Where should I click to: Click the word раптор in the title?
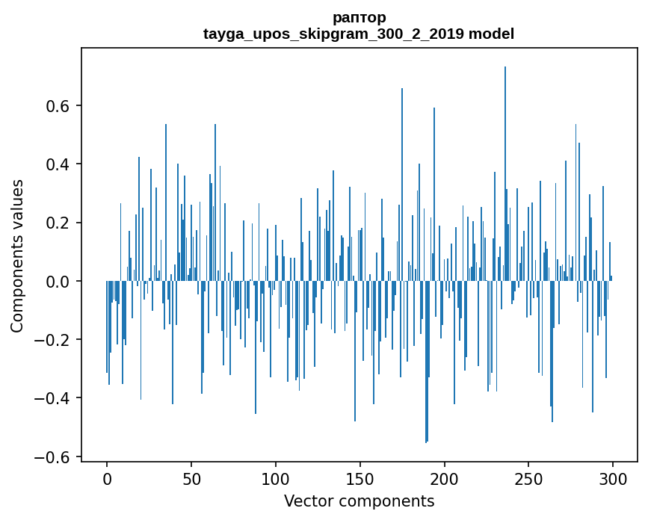(x=359, y=17)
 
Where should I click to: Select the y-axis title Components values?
(x=16, y=256)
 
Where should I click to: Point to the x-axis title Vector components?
(x=359, y=501)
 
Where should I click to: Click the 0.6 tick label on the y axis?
(x=58, y=106)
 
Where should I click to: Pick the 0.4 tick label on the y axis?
(x=58, y=164)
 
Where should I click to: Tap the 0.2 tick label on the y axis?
(x=58, y=223)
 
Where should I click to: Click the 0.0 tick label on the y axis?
(x=58, y=282)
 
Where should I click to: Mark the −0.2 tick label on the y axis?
(x=54, y=340)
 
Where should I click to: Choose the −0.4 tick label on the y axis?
(x=54, y=398)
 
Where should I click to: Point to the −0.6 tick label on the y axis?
(x=54, y=456)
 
